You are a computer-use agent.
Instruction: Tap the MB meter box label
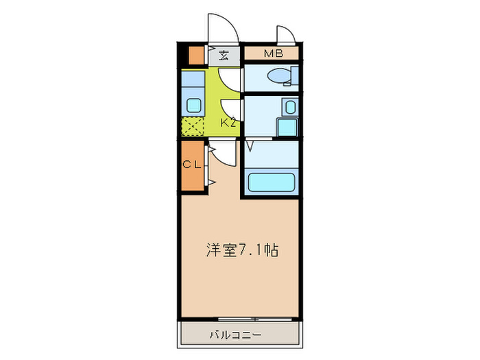point(269,53)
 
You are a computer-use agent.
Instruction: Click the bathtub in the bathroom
point(271,183)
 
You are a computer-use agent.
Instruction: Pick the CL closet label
point(191,165)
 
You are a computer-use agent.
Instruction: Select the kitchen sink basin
point(194,106)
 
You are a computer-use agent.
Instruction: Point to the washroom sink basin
point(289,107)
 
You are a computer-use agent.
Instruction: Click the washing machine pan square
point(287,128)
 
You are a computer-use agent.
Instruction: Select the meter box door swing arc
point(286,34)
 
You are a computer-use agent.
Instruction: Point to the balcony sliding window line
point(240,319)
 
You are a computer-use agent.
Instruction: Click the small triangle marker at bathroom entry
point(250,145)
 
